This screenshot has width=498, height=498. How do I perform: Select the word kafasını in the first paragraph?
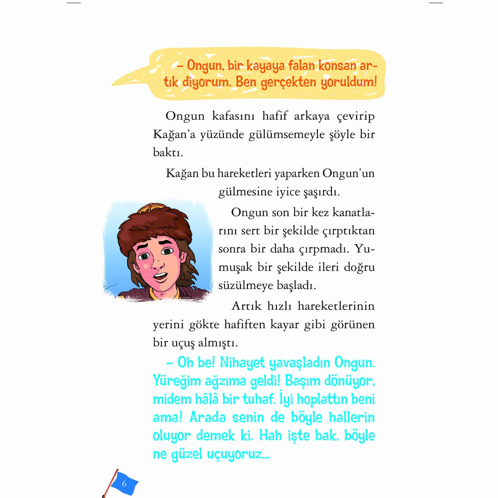(x=233, y=116)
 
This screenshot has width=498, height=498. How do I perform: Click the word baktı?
(x=168, y=153)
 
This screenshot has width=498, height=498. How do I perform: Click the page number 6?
(x=124, y=484)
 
